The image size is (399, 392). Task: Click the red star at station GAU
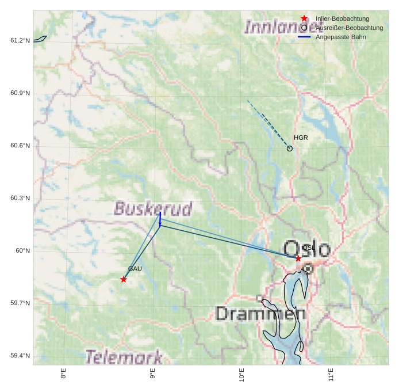[124, 279]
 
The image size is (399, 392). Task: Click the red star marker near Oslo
[298, 258]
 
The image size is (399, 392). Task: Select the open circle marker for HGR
[290, 149]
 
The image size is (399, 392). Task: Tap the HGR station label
[301, 138]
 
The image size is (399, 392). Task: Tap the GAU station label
[135, 269]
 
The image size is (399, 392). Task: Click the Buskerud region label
[153, 208]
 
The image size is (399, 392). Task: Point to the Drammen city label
[260, 314]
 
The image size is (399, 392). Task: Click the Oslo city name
[307, 249]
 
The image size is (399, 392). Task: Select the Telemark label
[124, 357]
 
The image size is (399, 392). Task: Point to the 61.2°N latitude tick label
[20, 40]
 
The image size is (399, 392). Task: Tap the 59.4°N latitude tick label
[20, 356]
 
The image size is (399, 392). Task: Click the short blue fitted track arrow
[160, 219]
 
